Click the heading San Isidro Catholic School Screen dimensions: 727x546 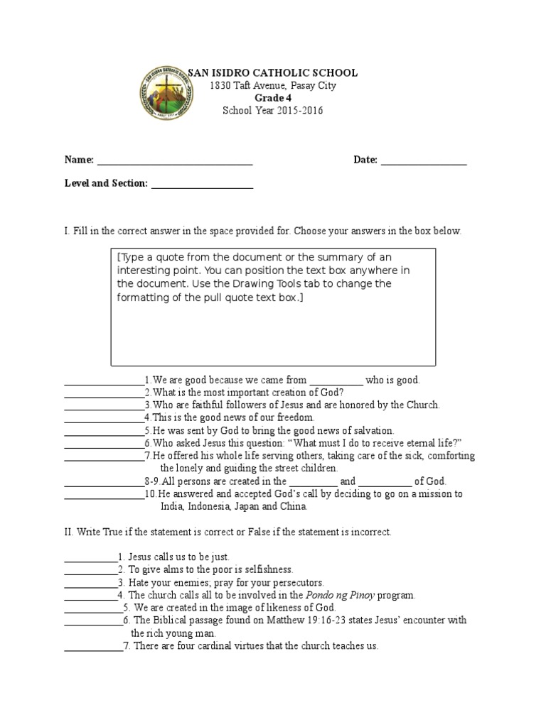272,73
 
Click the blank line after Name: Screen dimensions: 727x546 175,160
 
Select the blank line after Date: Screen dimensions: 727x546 424,160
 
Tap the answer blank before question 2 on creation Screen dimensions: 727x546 104,393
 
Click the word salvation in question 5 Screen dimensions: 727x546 371,430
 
